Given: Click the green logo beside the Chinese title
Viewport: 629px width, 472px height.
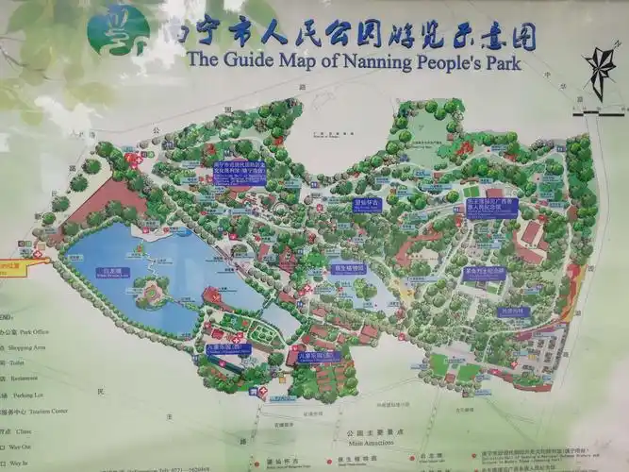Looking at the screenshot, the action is tap(118, 29).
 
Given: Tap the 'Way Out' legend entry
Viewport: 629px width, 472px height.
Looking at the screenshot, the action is tap(23, 445).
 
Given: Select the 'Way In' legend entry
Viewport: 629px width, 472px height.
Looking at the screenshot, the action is tap(20, 464).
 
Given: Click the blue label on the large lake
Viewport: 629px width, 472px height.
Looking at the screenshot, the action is tap(110, 273).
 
